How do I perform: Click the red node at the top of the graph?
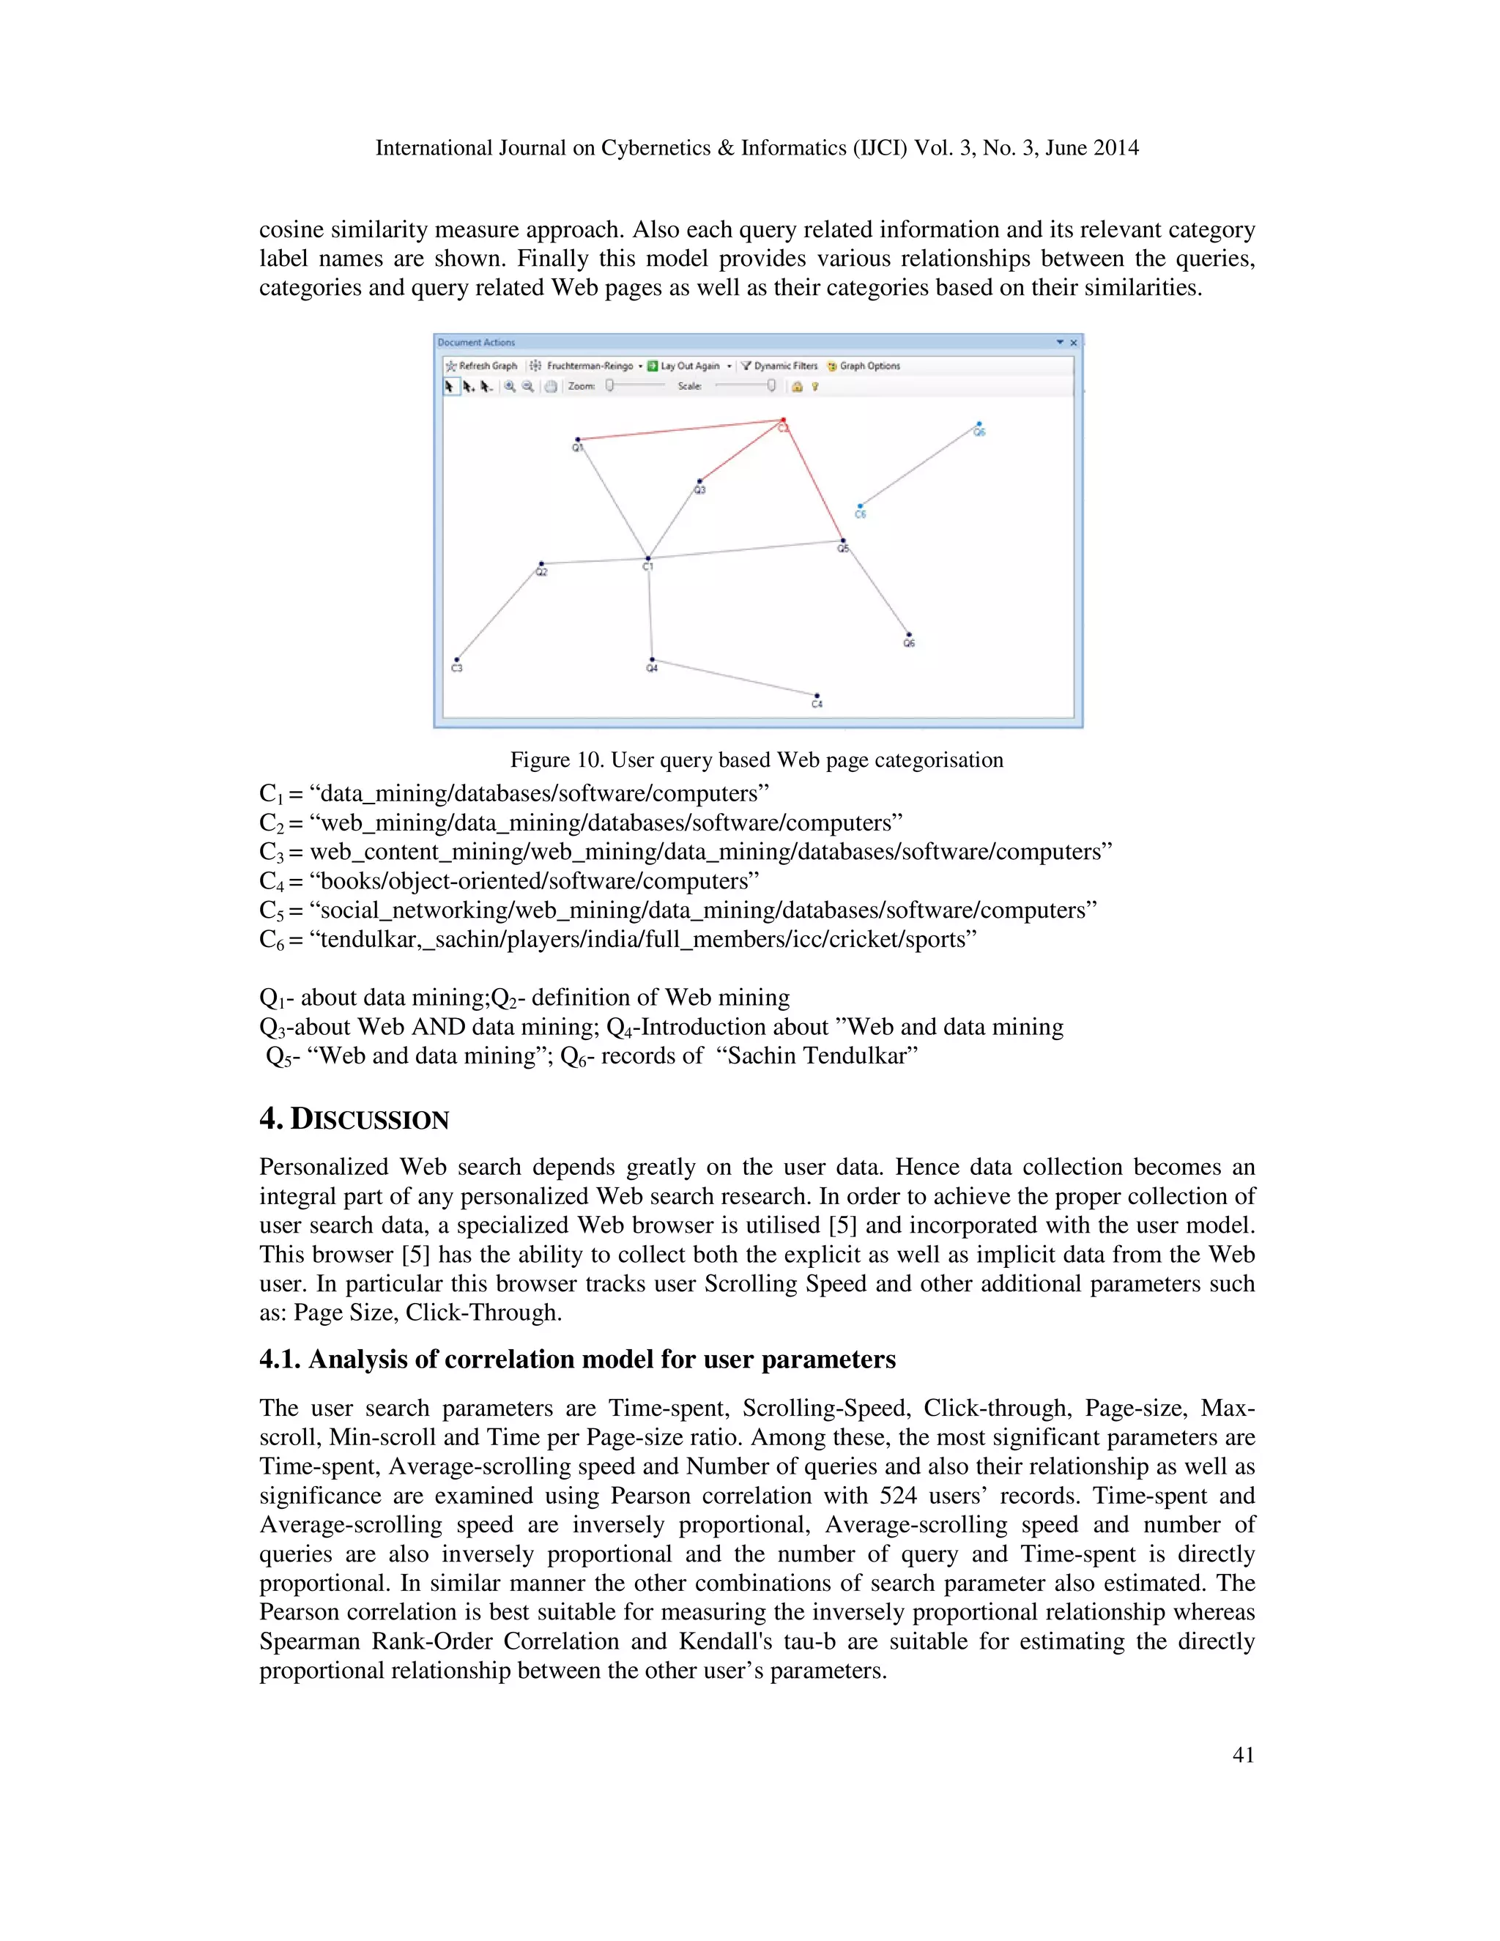click(783, 420)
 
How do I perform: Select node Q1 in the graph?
click(578, 439)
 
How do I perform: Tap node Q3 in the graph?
click(700, 482)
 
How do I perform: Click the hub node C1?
click(647, 559)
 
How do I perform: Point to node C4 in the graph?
click(817, 697)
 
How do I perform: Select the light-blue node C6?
click(859, 507)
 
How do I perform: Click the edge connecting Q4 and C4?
click(734, 678)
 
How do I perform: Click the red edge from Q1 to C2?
click(680, 430)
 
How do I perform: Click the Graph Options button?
click(864, 366)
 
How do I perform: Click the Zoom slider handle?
click(609, 386)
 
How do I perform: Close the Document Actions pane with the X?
click(1074, 342)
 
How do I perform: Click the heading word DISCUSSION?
click(370, 1119)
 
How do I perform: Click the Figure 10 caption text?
click(756, 760)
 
